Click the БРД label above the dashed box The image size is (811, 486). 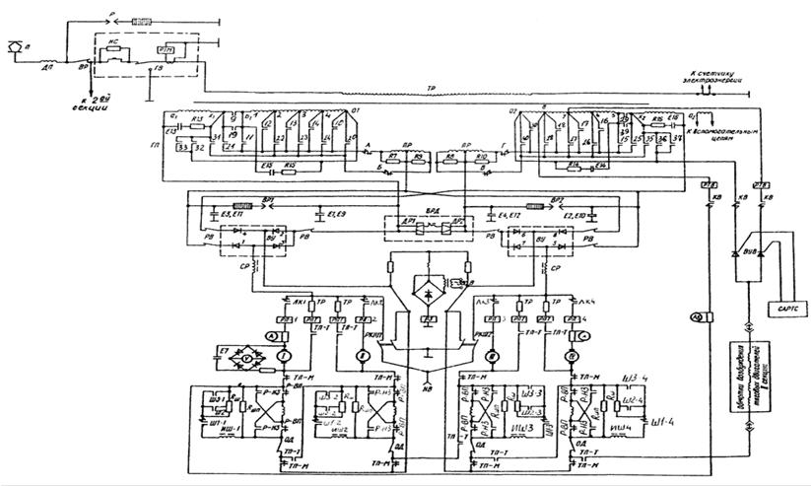pyautogui.click(x=430, y=212)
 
